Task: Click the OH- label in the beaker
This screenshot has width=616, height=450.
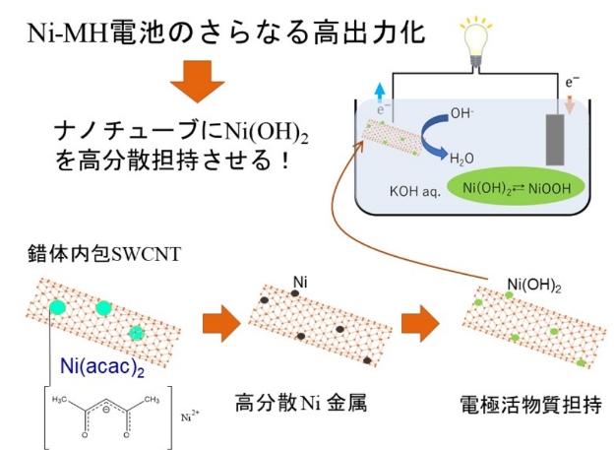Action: point(463,113)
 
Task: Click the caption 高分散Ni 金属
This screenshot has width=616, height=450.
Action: point(300,402)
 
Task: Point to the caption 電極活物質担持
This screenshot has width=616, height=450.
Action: point(517,404)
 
